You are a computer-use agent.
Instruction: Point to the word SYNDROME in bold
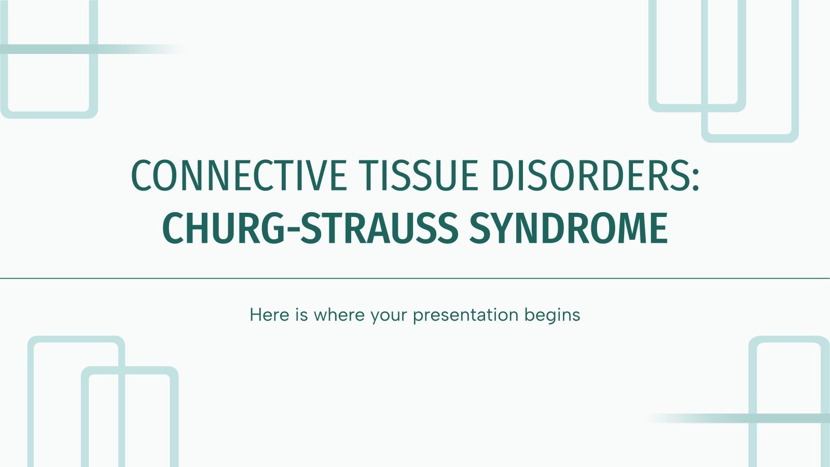569,228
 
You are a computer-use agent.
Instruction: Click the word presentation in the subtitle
465,315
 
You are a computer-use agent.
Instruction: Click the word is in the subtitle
301,314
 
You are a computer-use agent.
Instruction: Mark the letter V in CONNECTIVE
314,175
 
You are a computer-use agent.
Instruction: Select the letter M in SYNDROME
631,228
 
